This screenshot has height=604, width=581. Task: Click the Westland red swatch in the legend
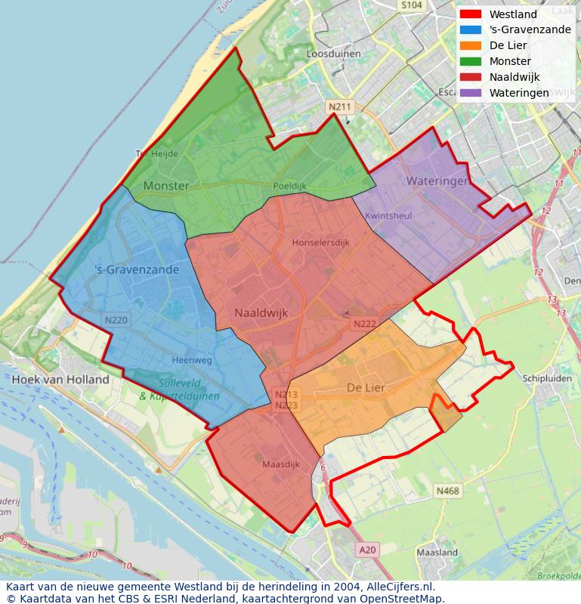click(x=470, y=14)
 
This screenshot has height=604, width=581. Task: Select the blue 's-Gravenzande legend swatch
click(x=470, y=30)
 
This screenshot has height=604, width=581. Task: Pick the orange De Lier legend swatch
click(x=470, y=45)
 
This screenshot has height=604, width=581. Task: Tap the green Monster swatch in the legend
click(x=470, y=61)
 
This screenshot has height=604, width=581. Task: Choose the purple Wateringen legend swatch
click(x=470, y=93)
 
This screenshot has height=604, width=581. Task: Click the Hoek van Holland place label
click(x=60, y=380)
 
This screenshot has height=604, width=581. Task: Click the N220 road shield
click(x=116, y=320)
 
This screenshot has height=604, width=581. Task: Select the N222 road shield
click(x=364, y=324)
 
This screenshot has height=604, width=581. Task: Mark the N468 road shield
click(x=447, y=492)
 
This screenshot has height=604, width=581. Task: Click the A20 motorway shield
click(x=367, y=550)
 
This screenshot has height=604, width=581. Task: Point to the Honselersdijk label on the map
click(x=321, y=243)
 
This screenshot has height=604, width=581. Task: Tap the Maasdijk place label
click(x=281, y=464)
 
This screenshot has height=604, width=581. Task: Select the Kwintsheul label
click(x=388, y=216)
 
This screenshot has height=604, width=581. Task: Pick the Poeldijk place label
click(x=289, y=186)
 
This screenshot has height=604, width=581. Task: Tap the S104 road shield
click(x=412, y=5)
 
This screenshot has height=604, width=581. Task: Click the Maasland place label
click(x=437, y=553)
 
